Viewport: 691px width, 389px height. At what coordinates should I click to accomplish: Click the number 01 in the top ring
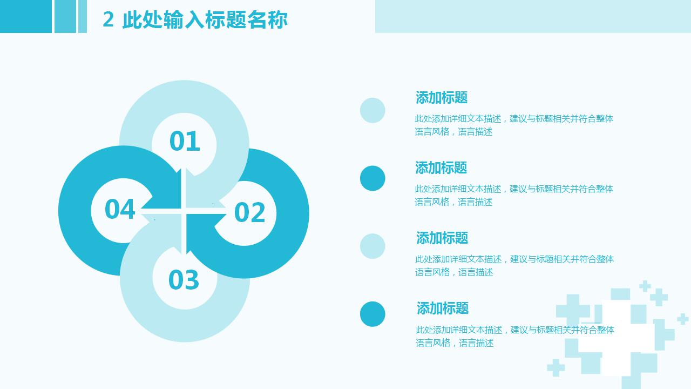(185, 141)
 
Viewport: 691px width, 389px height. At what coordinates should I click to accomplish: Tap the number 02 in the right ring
(249, 212)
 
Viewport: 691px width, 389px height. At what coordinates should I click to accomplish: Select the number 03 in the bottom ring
(184, 279)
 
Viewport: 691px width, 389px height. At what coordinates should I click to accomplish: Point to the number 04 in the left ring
(120, 209)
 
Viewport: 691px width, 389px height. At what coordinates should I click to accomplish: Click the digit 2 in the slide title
(108, 19)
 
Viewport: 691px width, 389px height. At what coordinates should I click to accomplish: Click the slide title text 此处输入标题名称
(205, 19)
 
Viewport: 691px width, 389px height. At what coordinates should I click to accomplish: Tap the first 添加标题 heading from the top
(442, 98)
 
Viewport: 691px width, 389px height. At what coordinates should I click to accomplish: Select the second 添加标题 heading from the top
(441, 167)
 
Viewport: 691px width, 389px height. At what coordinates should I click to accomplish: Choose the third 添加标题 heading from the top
(442, 238)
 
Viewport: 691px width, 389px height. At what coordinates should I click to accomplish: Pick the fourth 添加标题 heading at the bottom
(443, 308)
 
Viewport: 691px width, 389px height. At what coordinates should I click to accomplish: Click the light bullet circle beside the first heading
(372, 110)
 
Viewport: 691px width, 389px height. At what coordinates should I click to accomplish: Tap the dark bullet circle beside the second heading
(372, 178)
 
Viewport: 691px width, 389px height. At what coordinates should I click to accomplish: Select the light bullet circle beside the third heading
(372, 246)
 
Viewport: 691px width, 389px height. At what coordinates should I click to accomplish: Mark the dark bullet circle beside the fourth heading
(372, 314)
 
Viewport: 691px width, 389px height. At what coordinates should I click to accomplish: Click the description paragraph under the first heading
(514, 125)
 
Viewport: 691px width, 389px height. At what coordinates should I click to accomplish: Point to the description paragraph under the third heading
(514, 265)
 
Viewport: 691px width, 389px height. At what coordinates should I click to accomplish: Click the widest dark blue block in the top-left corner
(26, 16)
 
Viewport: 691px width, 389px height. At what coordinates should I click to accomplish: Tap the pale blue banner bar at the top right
(533, 16)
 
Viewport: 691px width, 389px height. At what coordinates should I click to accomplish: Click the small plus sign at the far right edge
(683, 319)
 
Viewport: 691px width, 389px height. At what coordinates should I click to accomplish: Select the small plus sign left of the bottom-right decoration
(556, 368)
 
